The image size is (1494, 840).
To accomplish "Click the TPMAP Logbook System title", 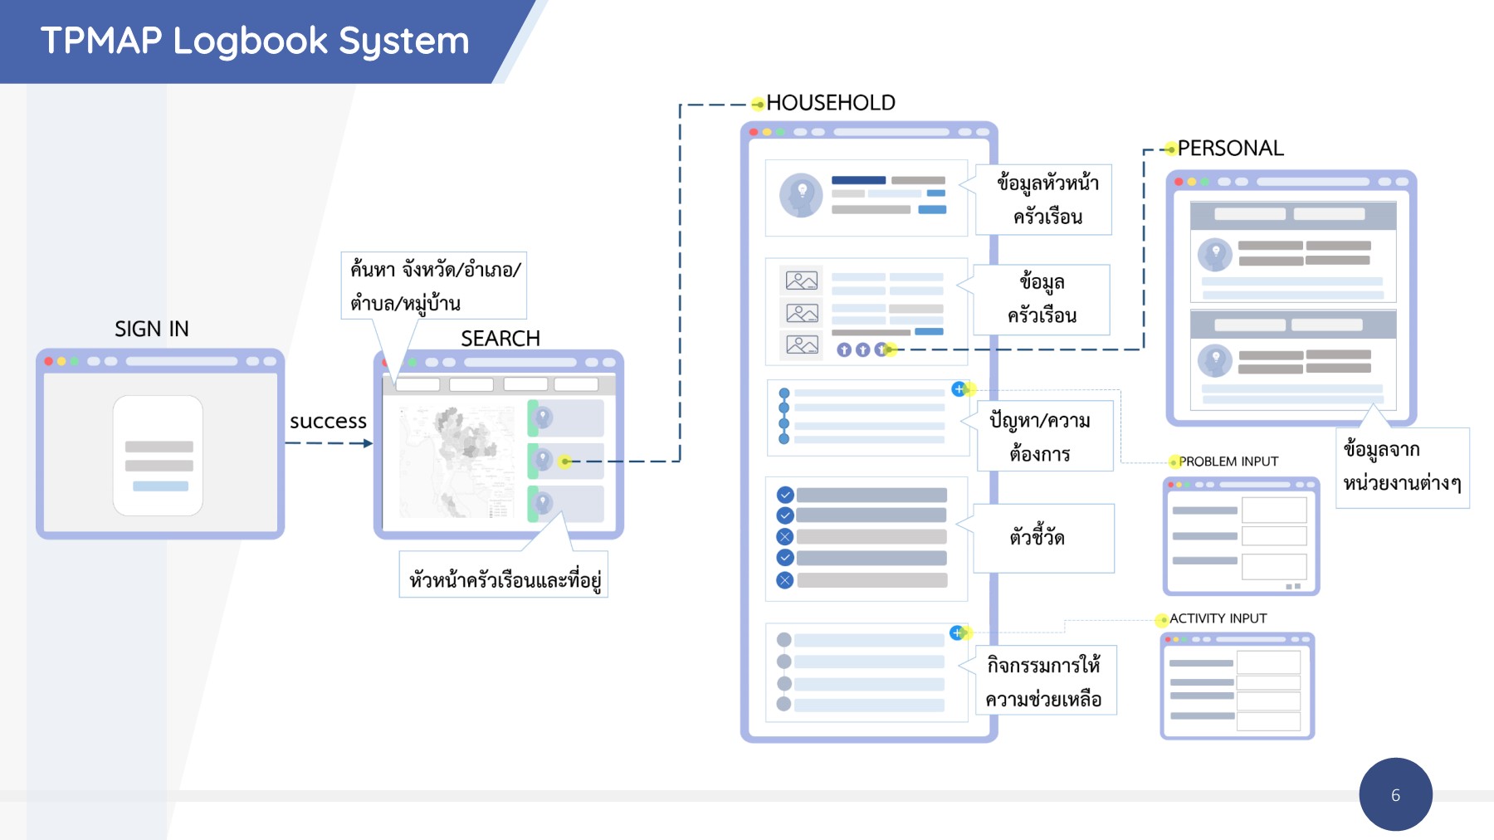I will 255,41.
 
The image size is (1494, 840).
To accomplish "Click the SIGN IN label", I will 152,329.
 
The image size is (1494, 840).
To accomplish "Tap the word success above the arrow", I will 328,421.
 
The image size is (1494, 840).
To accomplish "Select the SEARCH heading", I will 500,339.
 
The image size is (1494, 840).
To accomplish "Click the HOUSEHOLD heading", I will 831,103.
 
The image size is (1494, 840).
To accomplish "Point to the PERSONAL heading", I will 1230,149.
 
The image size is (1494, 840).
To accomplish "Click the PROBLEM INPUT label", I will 1228,462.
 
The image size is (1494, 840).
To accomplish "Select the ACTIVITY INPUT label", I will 1218,618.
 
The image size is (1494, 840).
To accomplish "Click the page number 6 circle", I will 1395,794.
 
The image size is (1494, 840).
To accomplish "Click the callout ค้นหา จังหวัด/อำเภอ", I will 434,286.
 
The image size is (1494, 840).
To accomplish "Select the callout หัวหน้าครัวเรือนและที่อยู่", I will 504,579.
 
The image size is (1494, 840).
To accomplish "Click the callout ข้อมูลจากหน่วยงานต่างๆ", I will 1402,466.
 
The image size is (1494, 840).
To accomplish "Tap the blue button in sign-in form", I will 160,486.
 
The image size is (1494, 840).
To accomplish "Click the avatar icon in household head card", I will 801,195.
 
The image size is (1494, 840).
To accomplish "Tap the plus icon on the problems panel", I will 959,388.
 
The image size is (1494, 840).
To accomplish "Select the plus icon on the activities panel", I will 957,632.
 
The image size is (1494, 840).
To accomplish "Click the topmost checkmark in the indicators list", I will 785,495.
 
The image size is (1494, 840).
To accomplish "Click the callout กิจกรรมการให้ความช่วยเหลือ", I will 1044,681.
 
